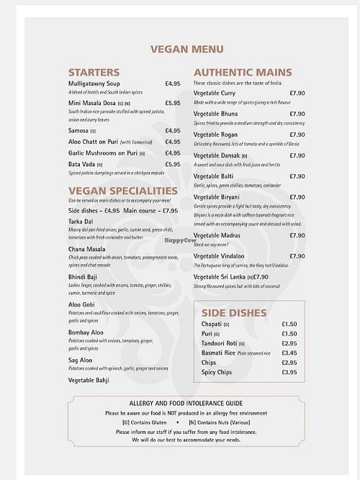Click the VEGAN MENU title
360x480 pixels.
point(186,50)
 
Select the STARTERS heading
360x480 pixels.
point(94,72)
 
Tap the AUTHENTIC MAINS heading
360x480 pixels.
point(243,72)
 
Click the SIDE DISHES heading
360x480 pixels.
point(234,313)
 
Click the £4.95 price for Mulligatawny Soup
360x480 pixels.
point(173,83)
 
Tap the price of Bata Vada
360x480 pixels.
point(173,164)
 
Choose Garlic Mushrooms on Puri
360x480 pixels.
point(103,153)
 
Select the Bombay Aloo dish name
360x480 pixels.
point(86,332)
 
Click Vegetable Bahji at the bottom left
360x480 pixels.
point(89,380)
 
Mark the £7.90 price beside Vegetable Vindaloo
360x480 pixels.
point(297,256)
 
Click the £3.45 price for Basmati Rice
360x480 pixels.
point(289,353)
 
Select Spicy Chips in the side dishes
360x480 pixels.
point(218,372)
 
